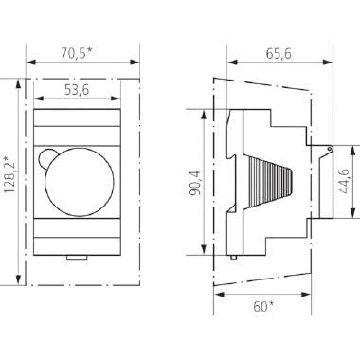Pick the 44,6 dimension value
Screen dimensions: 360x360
(346, 180)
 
